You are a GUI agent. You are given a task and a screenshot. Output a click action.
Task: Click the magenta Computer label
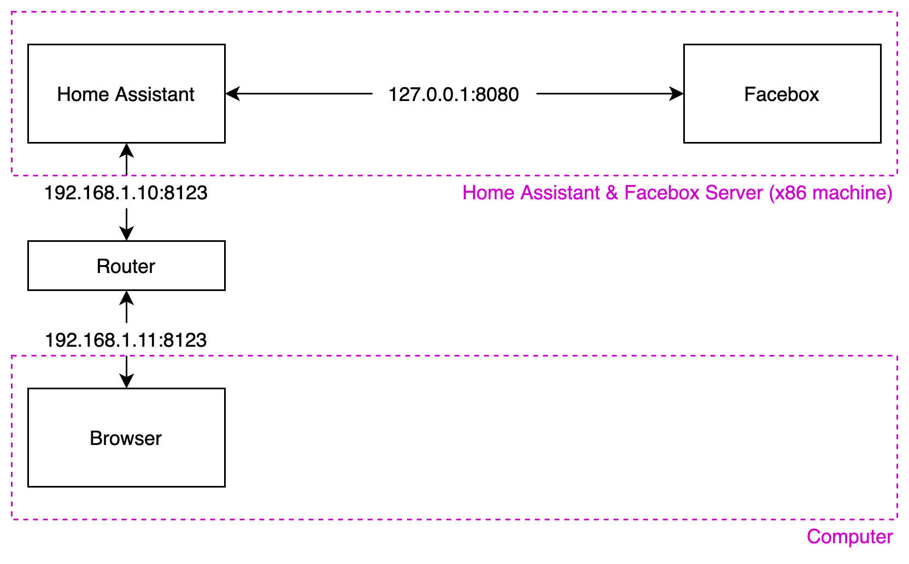849,537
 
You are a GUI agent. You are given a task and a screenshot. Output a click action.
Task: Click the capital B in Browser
96,438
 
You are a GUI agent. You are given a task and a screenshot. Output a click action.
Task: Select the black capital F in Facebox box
749,94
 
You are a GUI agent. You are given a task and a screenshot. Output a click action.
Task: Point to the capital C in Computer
814,537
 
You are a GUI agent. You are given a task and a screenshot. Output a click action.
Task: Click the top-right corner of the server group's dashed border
897,12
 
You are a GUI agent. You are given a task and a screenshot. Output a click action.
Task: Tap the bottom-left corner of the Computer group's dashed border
12,519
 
